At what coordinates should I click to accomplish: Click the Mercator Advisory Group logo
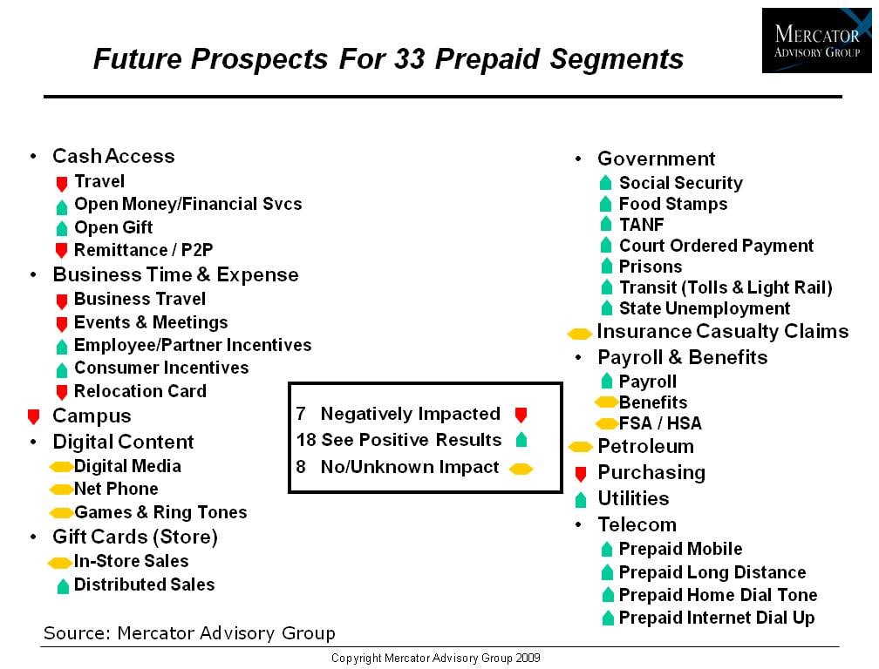[817, 40]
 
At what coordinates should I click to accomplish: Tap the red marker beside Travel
[62, 184]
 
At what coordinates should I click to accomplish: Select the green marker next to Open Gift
[62, 228]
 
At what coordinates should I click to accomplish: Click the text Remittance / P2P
[144, 250]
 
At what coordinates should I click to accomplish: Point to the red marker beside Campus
[34, 416]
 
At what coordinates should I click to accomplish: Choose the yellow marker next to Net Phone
[60, 490]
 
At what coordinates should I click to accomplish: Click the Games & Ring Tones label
[160, 512]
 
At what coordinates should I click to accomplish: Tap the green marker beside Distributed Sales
[63, 586]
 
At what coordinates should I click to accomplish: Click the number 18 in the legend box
[307, 440]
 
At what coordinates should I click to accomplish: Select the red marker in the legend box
[521, 415]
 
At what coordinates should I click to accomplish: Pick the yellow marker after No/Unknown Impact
[521, 469]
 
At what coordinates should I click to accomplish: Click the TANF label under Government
[641, 225]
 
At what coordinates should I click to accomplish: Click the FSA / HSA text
[660, 423]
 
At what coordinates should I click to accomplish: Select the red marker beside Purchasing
[581, 474]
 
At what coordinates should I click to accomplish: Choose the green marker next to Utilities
[581, 499]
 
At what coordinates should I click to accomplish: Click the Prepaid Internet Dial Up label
[717, 618]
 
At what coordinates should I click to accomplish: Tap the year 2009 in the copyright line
[528, 659]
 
